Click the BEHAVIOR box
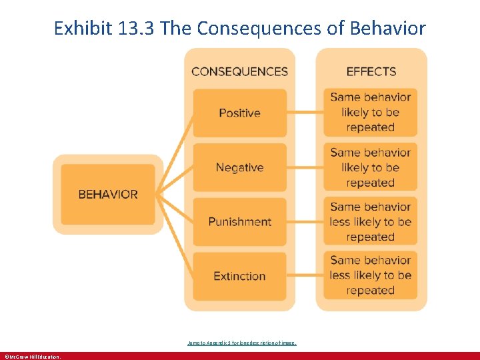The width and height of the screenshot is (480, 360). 108,195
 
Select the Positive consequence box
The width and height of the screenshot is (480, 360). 239,113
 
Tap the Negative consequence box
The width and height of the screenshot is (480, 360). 239,167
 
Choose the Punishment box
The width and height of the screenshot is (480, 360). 239,221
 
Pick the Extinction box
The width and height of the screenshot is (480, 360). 239,276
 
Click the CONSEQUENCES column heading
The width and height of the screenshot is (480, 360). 239,71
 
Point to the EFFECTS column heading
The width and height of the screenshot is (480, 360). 371,71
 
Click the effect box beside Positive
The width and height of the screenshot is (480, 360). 371,112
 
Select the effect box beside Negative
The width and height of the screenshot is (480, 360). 371,167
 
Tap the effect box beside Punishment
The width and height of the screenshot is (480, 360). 371,221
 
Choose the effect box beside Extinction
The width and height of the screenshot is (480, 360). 371,275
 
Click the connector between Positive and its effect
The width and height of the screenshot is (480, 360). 305,113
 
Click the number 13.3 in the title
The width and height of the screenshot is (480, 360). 135,29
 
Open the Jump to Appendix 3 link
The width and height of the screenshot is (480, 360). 241,343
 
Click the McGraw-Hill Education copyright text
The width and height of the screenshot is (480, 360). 32,357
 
